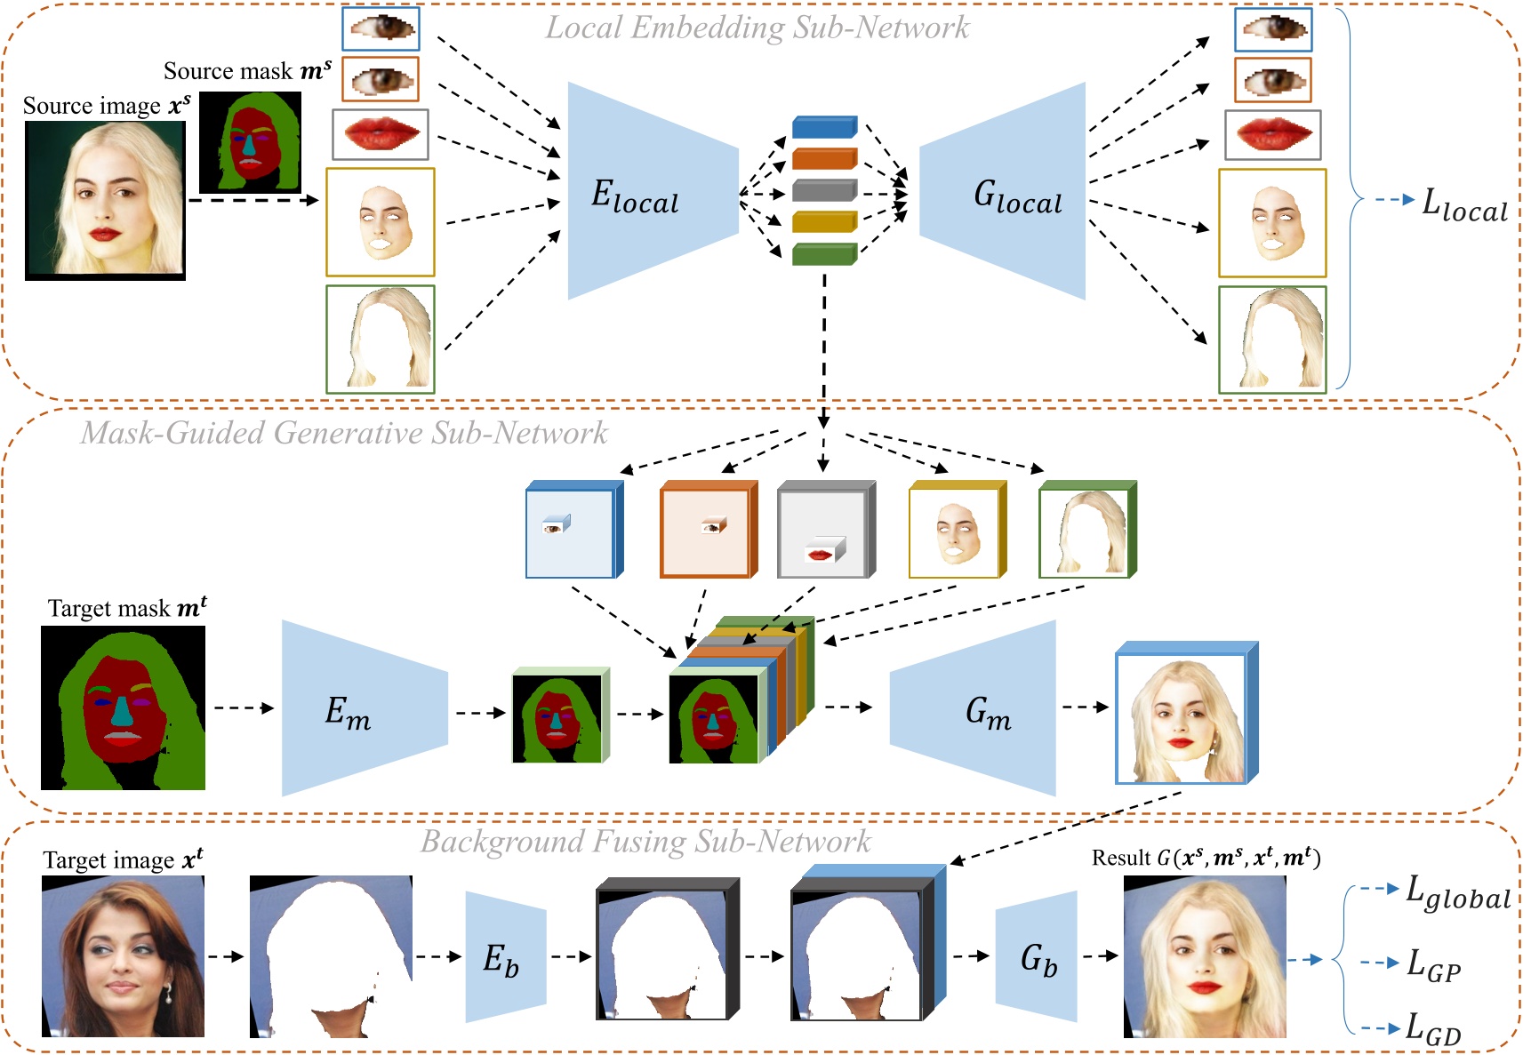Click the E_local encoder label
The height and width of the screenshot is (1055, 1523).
coord(635,196)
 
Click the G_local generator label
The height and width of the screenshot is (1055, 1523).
coord(1017,196)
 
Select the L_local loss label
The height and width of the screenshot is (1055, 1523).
coord(1464,205)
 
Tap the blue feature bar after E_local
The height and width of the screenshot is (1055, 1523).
coord(824,126)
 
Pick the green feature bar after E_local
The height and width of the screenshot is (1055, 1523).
coord(824,254)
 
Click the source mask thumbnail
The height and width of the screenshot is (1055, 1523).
coord(250,142)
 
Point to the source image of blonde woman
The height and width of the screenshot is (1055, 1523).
coord(105,200)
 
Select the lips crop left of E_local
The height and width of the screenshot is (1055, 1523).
coord(381,134)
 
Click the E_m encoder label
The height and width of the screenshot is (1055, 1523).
coord(348,712)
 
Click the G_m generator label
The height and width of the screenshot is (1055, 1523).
coord(988,712)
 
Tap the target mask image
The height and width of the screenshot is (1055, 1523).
coord(123,707)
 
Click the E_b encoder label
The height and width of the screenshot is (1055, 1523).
coord(501,960)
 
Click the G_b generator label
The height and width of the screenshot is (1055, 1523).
coord(1038,960)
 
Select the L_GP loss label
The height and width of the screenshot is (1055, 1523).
coord(1433,965)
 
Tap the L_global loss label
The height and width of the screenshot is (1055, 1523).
coord(1457,892)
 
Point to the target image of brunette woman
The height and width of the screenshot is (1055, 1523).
coord(123,956)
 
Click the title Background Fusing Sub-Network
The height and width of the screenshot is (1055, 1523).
coord(645,841)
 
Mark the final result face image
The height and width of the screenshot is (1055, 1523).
coord(1205,956)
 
